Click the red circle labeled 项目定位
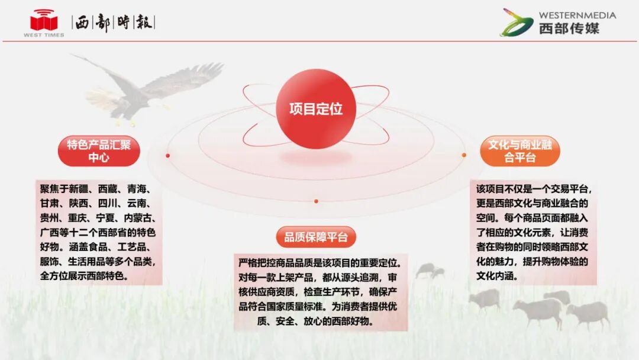316,108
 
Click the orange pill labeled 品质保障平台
316,237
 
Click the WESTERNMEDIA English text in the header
577,15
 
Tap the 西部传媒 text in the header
569,28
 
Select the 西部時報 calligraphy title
113,22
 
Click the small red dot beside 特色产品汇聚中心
168,156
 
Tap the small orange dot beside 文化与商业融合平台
464,155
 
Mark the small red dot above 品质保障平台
316,201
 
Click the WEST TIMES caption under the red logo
44,35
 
